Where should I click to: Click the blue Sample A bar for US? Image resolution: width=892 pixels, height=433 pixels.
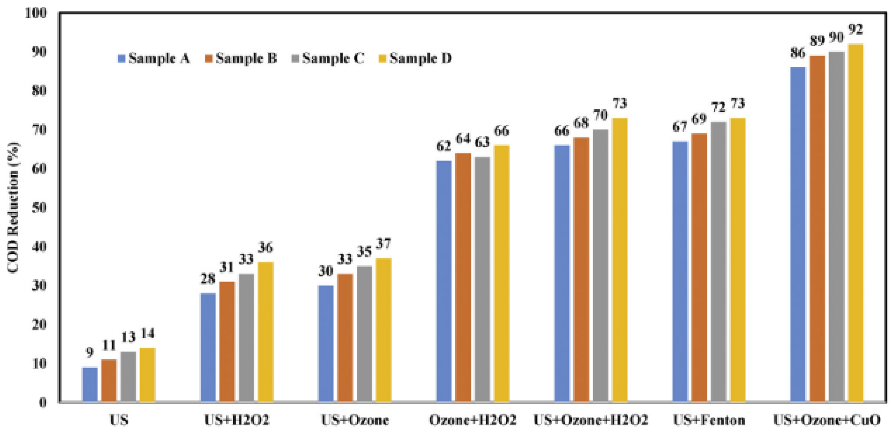90,384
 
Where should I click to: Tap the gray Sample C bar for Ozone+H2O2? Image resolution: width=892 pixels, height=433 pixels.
482,279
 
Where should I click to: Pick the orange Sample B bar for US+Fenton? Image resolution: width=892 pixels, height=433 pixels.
699,268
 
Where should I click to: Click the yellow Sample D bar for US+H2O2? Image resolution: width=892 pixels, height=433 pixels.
266,332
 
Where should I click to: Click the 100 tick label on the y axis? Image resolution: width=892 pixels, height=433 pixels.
36,13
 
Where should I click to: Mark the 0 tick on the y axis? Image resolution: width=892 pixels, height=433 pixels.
43,402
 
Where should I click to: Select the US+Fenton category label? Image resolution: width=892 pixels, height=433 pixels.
709,420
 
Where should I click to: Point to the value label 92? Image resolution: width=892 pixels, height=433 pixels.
856,30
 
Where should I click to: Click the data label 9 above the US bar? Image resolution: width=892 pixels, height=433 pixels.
90,353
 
